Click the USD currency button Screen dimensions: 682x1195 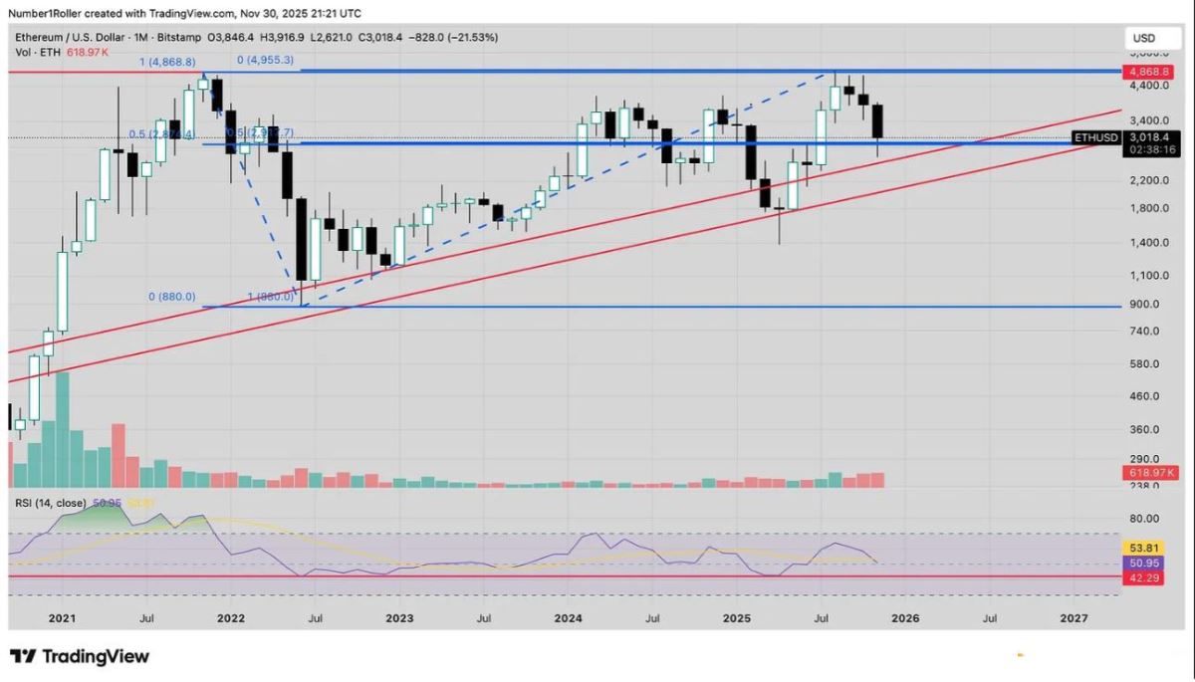click(1143, 38)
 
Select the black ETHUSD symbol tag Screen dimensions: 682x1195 click(1098, 137)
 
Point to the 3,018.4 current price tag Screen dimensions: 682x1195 click(1155, 137)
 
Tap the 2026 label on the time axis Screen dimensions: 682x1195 click(906, 619)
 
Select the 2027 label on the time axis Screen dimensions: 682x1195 click(1074, 619)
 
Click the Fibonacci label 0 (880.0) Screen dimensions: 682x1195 click(171, 296)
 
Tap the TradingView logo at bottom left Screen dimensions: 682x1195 click(80, 656)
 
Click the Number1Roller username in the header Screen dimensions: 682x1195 click(48, 14)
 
